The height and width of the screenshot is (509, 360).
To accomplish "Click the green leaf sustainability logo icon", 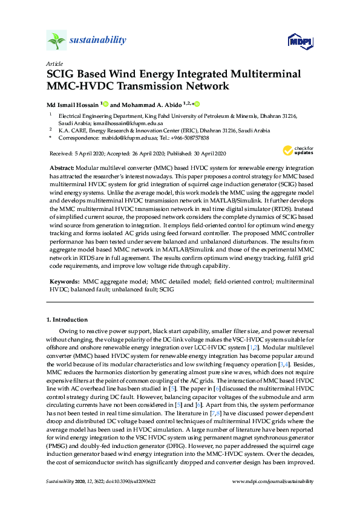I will click(x=56, y=41).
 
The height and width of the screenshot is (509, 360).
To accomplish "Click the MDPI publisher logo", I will click(x=298, y=42).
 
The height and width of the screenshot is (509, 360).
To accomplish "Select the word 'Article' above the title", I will click(x=53, y=63).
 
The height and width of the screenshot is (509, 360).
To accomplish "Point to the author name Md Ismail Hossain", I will click(x=73, y=103).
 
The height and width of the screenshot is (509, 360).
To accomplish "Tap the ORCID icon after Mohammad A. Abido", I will click(x=197, y=103).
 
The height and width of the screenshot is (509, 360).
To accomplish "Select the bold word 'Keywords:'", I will click(x=63, y=282).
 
